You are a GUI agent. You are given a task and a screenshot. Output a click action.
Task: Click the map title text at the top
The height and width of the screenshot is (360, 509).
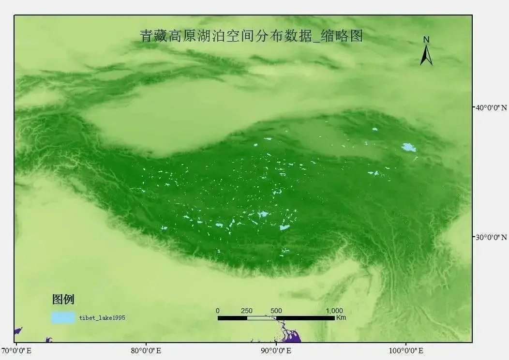coord(251,36)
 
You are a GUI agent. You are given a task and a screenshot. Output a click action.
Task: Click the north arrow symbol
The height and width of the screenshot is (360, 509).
coord(426,56)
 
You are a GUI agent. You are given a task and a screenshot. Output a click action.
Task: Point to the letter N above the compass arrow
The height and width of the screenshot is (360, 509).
coord(426,39)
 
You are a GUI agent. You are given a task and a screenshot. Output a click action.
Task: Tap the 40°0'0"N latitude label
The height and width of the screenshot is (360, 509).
coord(490,107)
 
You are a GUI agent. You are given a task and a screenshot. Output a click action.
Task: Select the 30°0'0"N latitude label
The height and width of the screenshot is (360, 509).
coord(490,237)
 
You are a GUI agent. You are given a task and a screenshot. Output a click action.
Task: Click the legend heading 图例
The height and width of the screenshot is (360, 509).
coord(63,300)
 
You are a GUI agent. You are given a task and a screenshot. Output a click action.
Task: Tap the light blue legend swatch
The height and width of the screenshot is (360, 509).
coord(63,317)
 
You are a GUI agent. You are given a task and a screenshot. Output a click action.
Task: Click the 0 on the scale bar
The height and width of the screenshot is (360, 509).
coord(218,311)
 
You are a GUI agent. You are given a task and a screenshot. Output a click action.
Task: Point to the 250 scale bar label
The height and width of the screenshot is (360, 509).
coord(247,311)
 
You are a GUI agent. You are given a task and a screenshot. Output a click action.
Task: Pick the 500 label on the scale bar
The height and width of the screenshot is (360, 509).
coord(276,311)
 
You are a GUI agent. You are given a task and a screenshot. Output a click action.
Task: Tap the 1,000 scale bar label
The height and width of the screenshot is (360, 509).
coord(334,311)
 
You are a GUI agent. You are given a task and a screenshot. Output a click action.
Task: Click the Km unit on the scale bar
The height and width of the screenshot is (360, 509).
coord(341,318)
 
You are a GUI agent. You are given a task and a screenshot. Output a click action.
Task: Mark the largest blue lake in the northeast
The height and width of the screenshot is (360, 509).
coord(409,147)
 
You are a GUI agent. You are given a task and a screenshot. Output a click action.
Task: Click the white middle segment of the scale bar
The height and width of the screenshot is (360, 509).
coord(261,318)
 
